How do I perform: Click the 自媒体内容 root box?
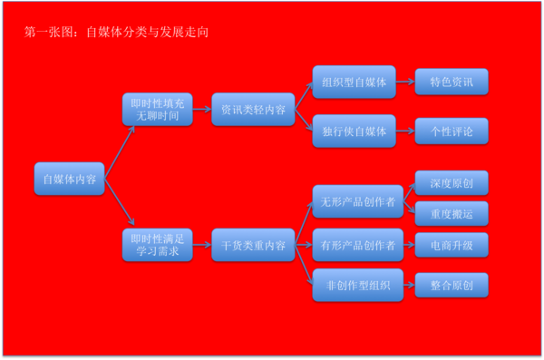coord(69,179)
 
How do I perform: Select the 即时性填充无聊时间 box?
coord(157,109)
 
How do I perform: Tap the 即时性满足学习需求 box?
coord(157,246)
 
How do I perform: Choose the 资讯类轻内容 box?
coord(253,109)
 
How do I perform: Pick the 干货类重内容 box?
coord(253,245)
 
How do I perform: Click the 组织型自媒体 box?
coord(354,83)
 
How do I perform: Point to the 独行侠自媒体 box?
coord(354,131)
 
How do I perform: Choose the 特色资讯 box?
coord(451,83)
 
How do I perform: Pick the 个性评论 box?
coord(451,131)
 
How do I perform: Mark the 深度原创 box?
coord(451,183)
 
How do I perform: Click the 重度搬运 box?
coord(451,213)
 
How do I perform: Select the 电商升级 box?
coord(451,245)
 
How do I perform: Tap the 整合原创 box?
coord(451,286)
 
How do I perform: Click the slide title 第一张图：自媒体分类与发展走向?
coord(119,32)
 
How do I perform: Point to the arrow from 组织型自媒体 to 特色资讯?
coord(405,83)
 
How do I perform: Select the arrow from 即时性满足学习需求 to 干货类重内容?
coord(201,245)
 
